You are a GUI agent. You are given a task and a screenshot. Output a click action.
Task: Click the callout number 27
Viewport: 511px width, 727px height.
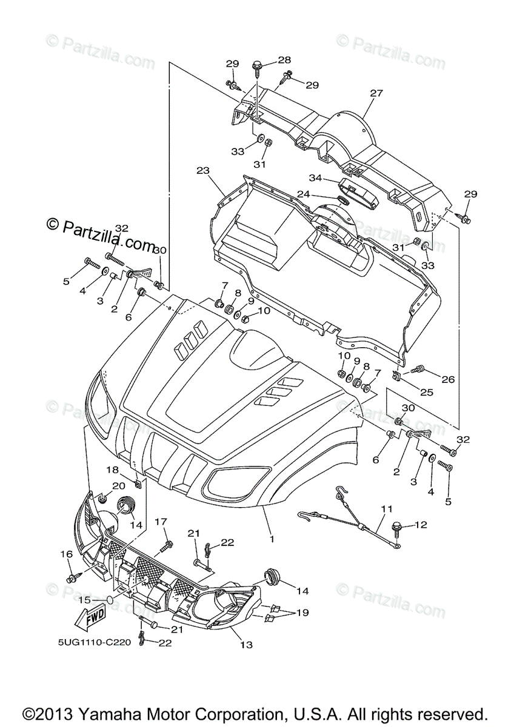tap(376, 93)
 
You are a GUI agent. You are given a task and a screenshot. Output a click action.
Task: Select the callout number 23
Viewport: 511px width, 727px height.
tap(202, 171)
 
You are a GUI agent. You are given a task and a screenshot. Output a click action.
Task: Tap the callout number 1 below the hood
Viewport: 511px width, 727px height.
tap(272, 539)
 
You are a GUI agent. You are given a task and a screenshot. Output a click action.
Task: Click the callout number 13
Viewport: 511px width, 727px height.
tap(245, 645)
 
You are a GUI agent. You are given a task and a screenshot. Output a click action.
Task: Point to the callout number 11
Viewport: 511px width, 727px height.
tap(386, 510)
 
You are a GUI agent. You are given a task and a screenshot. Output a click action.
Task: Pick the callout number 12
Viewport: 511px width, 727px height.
tap(420, 525)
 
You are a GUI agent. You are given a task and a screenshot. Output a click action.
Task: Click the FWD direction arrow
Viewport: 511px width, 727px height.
tap(89, 620)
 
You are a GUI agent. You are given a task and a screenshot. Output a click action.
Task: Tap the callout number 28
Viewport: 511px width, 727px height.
tap(284, 60)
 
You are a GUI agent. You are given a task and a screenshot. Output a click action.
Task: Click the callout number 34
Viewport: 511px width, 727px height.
tap(315, 178)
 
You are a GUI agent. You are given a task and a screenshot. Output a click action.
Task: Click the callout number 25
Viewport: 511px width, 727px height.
tap(427, 393)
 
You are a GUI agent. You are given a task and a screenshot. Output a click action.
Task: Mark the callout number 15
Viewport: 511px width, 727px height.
tap(84, 600)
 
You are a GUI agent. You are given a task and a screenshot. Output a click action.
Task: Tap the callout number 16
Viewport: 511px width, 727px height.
tap(66, 554)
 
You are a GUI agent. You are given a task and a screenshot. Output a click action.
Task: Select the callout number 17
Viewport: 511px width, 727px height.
tap(161, 522)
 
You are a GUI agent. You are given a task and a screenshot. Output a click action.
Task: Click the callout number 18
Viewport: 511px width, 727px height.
tap(113, 470)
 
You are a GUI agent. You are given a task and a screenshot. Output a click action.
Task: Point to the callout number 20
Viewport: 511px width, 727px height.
tap(118, 486)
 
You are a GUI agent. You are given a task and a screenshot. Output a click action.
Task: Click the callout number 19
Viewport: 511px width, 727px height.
tap(302, 613)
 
